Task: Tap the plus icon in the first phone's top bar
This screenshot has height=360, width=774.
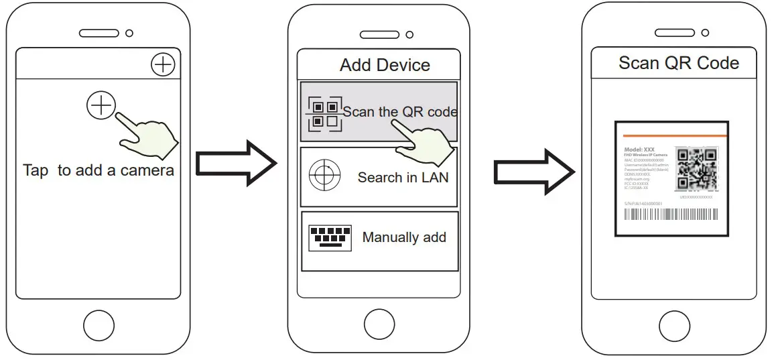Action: pyautogui.click(x=163, y=65)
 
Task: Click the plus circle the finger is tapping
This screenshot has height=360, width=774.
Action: pyautogui.click(x=101, y=105)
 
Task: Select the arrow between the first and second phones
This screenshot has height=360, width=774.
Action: pyautogui.click(x=236, y=164)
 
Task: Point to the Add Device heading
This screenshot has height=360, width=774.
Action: pyautogui.click(x=385, y=65)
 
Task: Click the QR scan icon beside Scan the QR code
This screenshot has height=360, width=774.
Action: pyautogui.click(x=324, y=115)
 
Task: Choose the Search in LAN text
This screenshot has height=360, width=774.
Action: pyautogui.click(x=403, y=178)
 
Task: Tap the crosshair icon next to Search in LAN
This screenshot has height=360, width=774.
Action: pyautogui.click(x=320, y=176)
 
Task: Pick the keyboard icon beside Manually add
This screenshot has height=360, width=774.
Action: pyautogui.click(x=330, y=237)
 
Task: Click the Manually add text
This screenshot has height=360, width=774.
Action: pyautogui.click(x=404, y=237)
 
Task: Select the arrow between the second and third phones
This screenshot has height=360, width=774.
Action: pyautogui.click(x=533, y=173)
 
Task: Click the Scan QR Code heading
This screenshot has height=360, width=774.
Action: pyautogui.click(x=679, y=64)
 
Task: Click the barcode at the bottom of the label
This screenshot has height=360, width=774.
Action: pyautogui.click(x=670, y=215)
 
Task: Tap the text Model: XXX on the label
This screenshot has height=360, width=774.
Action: pyautogui.click(x=639, y=149)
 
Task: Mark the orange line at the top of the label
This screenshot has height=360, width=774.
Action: pyautogui.click(x=671, y=135)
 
